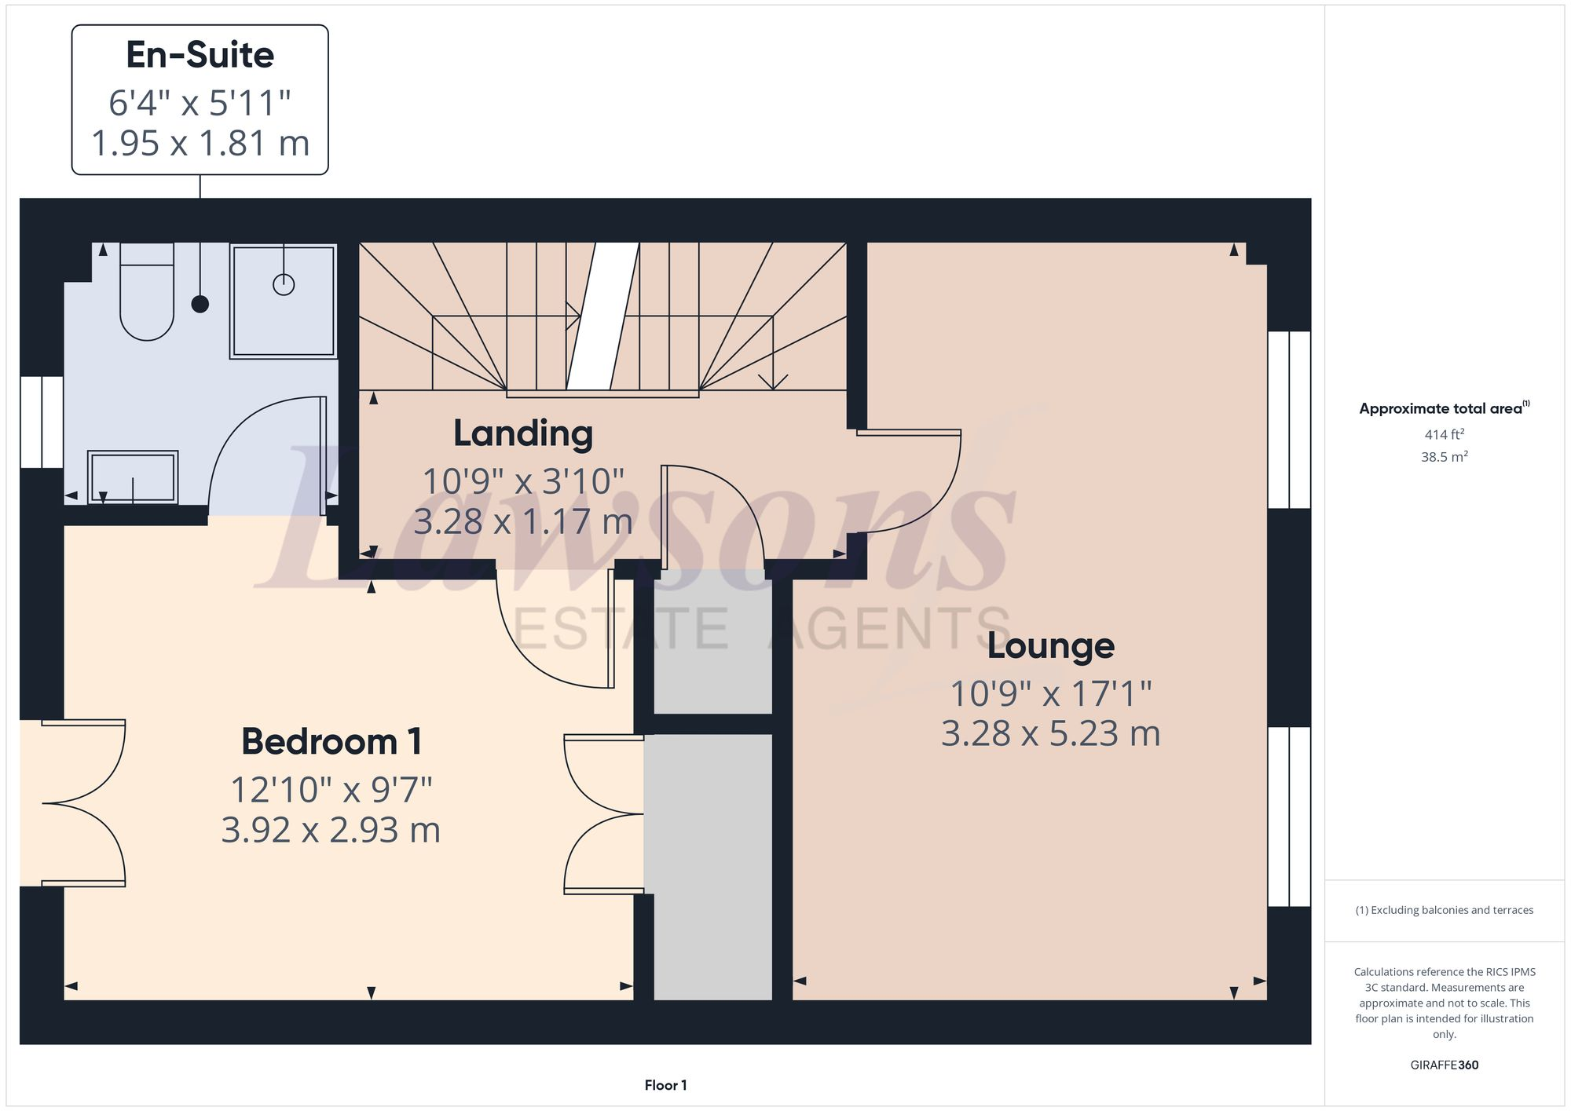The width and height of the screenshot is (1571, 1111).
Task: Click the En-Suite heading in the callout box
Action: coord(200,55)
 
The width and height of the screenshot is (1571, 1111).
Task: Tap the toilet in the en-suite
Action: coord(147,298)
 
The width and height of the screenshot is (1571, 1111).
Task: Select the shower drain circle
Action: coord(284,284)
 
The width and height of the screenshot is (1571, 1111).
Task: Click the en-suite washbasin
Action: coord(133,477)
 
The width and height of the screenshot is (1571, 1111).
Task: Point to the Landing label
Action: coord(523,433)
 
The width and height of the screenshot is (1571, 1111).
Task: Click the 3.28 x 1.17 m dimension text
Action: coord(523,522)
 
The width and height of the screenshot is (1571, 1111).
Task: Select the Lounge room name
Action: coord(1050,646)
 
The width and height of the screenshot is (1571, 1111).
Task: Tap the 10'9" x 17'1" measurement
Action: coord(1050,694)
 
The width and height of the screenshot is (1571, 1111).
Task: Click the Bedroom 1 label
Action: coord(331,742)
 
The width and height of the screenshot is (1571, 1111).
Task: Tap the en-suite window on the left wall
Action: coord(41,422)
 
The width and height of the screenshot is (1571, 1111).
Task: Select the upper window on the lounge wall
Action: coord(1289,420)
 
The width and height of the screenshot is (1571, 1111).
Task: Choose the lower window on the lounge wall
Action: coord(1289,817)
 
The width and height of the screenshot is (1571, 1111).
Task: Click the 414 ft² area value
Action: coord(1444,434)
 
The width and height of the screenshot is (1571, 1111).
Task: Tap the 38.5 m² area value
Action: coord(1444,457)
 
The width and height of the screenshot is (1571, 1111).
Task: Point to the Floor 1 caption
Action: coord(665,1085)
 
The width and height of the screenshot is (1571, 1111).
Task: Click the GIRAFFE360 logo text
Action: coord(1444,1065)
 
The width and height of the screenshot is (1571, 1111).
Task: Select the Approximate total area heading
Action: coord(1440,409)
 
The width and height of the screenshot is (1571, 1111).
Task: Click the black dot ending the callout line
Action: coord(200,304)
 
